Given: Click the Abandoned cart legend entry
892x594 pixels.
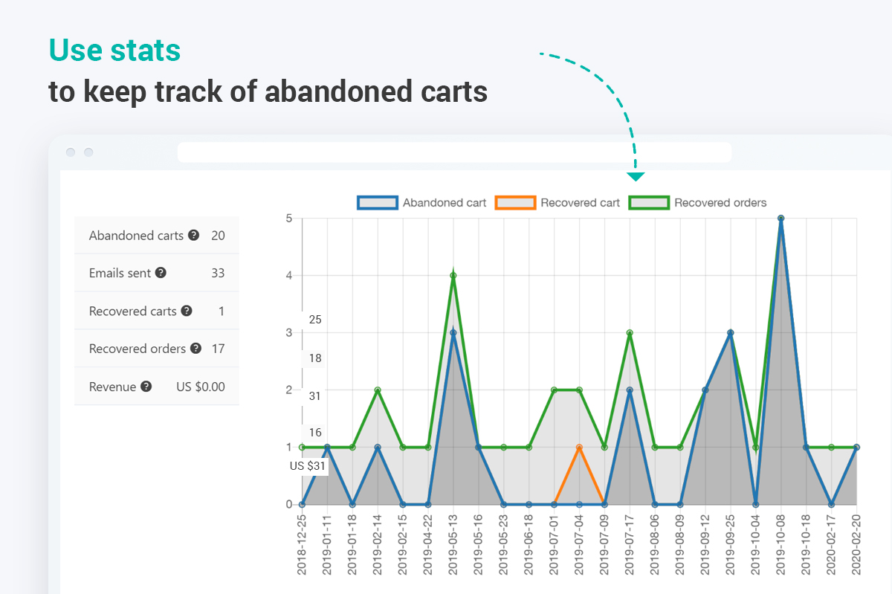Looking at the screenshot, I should pyautogui.click(x=444, y=202).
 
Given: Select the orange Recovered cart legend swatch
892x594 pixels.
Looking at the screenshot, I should pyautogui.click(x=517, y=202).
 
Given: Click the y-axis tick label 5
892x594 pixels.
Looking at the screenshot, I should pyautogui.click(x=289, y=219).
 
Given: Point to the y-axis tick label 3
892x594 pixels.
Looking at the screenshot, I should pyautogui.click(x=289, y=332).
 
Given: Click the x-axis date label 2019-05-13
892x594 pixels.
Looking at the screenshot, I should pyautogui.click(x=453, y=543).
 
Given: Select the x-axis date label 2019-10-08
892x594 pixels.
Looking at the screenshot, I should pyautogui.click(x=780, y=543).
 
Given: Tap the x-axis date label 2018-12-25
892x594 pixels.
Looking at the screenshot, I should pyautogui.click(x=302, y=543).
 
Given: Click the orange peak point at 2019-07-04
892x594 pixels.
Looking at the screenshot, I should pyautogui.click(x=579, y=447).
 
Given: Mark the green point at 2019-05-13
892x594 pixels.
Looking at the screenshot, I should pyautogui.click(x=453, y=276).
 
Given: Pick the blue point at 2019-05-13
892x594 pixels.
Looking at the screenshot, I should pyautogui.click(x=453, y=332).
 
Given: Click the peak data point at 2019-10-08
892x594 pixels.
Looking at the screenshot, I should pyautogui.click(x=780, y=219).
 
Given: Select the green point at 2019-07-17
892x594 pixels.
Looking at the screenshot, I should pyautogui.click(x=630, y=332).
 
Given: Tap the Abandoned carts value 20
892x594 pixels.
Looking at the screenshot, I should pyautogui.click(x=218, y=236).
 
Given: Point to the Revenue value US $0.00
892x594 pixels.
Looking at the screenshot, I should pyautogui.click(x=200, y=387).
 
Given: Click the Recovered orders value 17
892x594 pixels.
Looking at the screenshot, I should pyautogui.click(x=218, y=349).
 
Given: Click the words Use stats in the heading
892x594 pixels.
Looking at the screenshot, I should pyautogui.click(x=114, y=51).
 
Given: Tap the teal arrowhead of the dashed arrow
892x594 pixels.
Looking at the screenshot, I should pyautogui.click(x=636, y=177).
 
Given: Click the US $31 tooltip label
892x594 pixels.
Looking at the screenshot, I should pyautogui.click(x=308, y=466).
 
